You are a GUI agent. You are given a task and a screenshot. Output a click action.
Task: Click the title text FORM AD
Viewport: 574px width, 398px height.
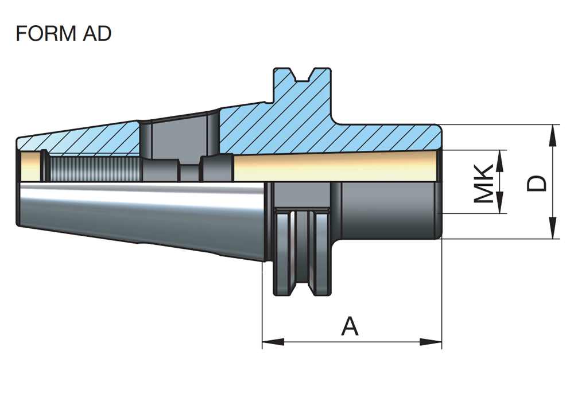63,34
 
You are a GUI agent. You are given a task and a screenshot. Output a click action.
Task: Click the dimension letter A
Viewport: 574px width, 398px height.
350,326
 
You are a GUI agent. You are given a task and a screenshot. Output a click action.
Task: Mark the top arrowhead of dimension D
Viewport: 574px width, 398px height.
553,135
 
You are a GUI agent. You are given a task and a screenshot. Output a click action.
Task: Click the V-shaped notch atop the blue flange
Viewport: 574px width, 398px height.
303,75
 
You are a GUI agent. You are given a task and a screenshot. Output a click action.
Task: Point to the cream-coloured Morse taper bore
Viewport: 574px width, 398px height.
333,167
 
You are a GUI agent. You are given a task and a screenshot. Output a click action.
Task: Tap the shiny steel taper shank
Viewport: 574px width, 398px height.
143,212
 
